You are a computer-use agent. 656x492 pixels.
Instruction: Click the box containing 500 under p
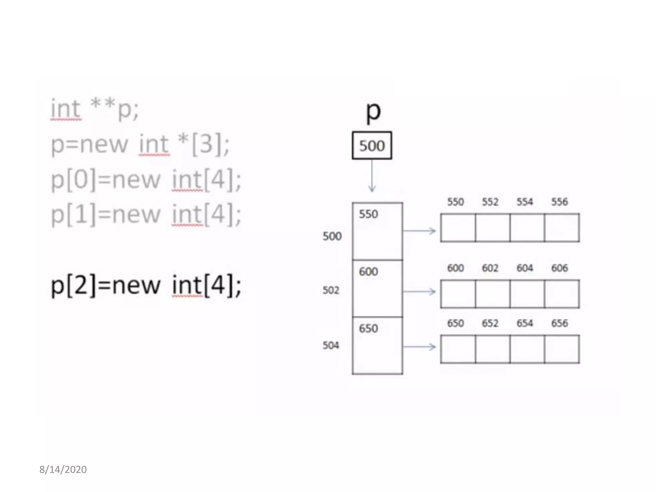pos(372,145)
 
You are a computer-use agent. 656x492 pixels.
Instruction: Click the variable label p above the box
pos(373,112)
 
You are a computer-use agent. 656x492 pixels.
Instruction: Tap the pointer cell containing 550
pos(377,231)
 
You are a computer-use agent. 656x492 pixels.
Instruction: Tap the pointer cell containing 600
pos(377,288)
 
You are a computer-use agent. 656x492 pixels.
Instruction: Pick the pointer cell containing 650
pos(377,345)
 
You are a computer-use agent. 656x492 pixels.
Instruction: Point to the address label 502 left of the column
pos(331,290)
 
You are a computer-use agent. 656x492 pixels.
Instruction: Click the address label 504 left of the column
pos(331,345)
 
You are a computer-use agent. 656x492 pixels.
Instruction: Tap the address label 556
pos(559,202)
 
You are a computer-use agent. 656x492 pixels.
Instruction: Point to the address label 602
pos(490,268)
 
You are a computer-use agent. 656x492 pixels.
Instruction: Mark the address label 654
pos(525,323)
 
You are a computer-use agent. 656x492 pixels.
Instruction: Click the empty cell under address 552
pos(493,228)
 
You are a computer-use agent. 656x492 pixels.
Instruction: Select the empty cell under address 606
pos(562,294)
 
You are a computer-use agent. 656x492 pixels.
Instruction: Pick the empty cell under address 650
pos(458,349)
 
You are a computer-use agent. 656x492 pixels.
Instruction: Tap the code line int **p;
pos(95,109)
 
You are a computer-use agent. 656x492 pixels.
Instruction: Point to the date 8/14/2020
pos(63,470)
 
